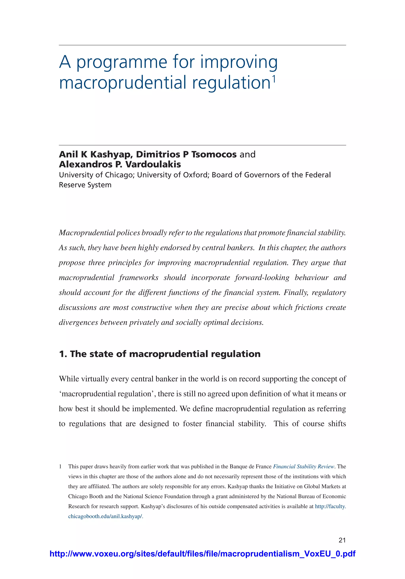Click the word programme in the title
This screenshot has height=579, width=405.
(122, 62)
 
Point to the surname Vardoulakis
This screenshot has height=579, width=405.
(153, 164)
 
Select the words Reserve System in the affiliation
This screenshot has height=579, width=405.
(85, 185)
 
